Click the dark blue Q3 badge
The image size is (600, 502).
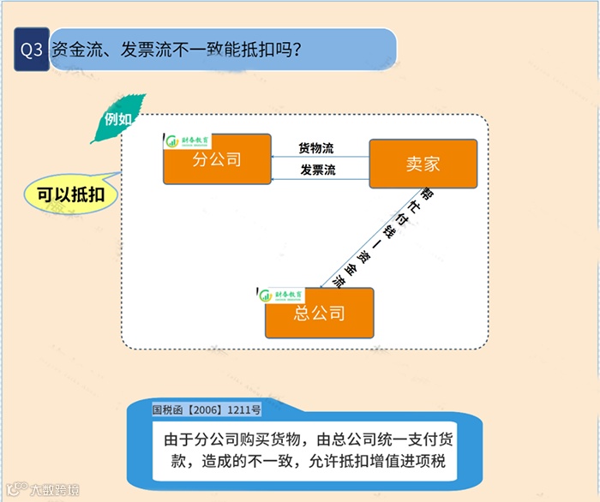(x=31, y=51)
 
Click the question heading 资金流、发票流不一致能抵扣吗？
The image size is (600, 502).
(x=176, y=50)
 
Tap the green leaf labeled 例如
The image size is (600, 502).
(x=118, y=119)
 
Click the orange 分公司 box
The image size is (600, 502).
(x=216, y=158)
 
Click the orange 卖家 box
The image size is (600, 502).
(x=423, y=164)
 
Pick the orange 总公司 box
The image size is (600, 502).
(x=319, y=313)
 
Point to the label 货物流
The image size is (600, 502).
(x=316, y=148)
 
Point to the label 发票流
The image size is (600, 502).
(x=317, y=170)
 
